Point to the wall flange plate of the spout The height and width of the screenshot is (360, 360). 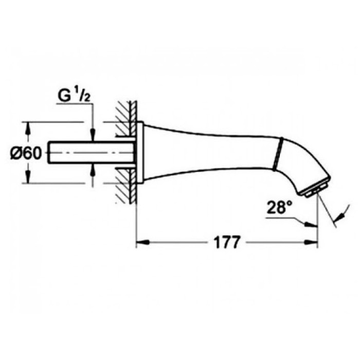click(139, 153)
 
